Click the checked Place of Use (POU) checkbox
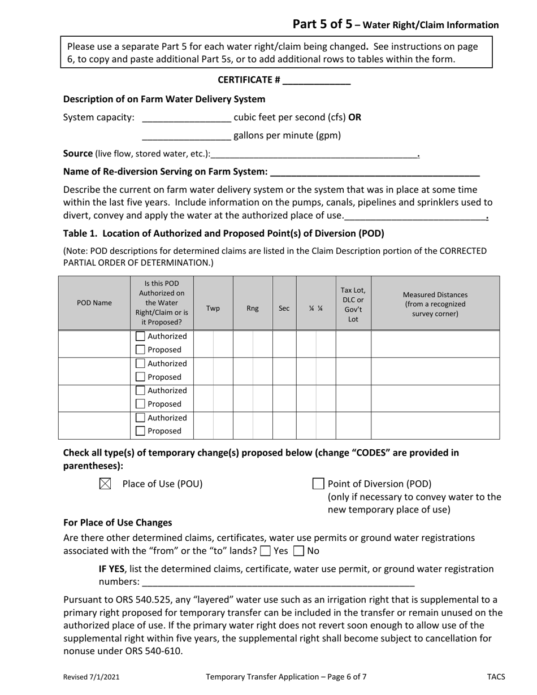click(x=105, y=484)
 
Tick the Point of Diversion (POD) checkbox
click(x=318, y=484)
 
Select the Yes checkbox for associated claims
click(x=265, y=551)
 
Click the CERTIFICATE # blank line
click(x=316, y=81)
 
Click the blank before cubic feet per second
click(x=187, y=118)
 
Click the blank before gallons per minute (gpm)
click(x=187, y=136)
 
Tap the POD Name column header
click(x=94, y=303)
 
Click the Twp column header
click(x=213, y=309)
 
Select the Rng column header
click(x=253, y=309)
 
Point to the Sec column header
click(x=284, y=309)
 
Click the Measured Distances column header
click(x=435, y=304)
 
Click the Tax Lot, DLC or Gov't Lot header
click(x=353, y=304)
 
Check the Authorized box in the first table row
click(x=141, y=336)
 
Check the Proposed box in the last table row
click(x=141, y=431)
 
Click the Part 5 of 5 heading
click(x=322, y=24)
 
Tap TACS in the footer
click(x=496, y=676)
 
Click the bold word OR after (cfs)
click(x=354, y=118)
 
